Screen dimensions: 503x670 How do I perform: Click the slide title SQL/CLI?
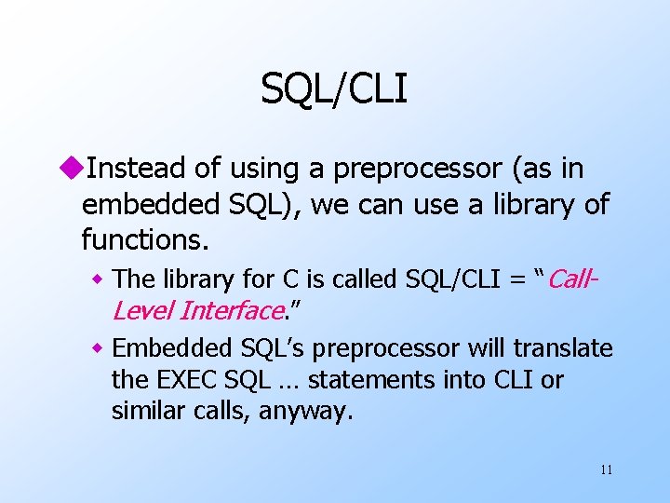pyautogui.click(x=334, y=89)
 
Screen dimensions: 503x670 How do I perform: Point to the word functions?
pyautogui.click(x=144, y=240)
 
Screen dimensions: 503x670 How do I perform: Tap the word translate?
pyautogui.click(x=566, y=348)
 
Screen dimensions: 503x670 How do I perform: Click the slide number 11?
pyautogui.click(x=606, y=469)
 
